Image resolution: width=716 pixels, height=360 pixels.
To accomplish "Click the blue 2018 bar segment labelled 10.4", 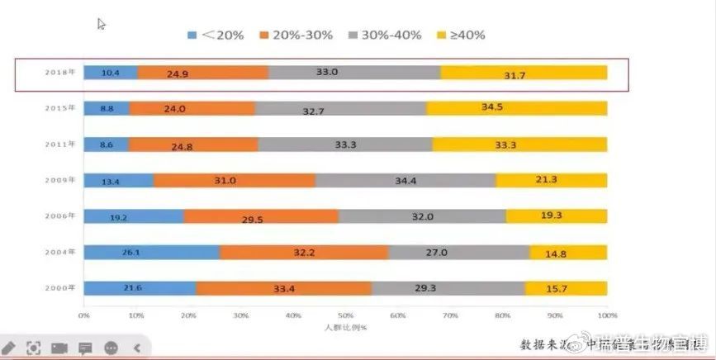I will [111, 73].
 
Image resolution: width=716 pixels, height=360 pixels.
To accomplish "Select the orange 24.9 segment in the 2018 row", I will [203, 73].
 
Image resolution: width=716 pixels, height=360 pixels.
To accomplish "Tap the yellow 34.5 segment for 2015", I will [516, 108].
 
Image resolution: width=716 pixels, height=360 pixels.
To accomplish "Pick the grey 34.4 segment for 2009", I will [405, 180].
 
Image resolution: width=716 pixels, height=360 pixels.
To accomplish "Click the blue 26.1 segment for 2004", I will [151, 252].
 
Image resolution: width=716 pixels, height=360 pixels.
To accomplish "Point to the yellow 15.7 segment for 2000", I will [566, 288].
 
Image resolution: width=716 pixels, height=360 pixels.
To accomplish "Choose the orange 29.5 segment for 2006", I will [261, 216].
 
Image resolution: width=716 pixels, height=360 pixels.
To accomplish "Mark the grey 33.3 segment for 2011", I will [345, 144].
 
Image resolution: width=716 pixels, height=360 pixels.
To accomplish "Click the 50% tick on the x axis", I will [346, 315].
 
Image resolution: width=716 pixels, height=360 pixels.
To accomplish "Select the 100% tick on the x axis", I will [606, 315].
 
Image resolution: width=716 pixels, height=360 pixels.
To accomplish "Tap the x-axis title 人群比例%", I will [345, 328].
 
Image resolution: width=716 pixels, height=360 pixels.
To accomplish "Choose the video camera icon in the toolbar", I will [59, 348].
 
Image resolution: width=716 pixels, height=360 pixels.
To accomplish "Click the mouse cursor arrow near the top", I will [102, 24].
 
